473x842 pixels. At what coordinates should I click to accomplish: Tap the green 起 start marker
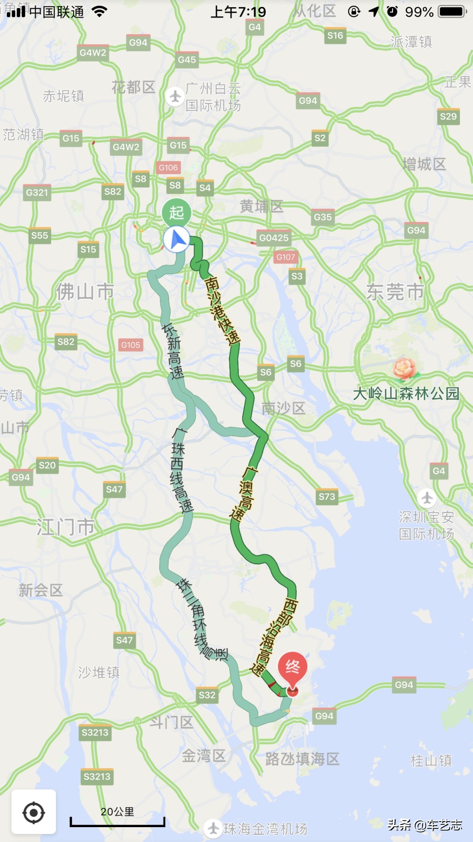click(x=176, y=212)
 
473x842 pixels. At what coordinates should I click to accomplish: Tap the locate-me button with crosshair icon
click(x=34, y=812)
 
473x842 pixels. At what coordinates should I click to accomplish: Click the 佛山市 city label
click(x=85, y=291)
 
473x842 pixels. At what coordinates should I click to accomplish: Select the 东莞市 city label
click(x=395, y=292)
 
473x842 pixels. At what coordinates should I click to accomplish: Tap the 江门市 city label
click(x=66, y=527)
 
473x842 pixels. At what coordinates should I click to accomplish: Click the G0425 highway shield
click(x=274, y=238)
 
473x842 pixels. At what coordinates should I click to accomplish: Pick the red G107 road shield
click(x=285, y=257)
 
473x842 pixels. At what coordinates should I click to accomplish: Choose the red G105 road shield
click(x=130, y=345)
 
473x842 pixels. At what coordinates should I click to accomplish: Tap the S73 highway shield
click(x=327, y=497)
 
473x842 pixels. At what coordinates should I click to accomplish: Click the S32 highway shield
click(x=207, y=695)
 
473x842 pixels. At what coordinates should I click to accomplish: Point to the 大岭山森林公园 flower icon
click(x=404, y=368)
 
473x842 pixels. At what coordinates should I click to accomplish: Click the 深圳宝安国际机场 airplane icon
click(x=427, y=498)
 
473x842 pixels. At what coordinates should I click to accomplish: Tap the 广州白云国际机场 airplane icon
click(x=175, y=96)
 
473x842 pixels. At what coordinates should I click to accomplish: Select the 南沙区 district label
click(x=283, y=408)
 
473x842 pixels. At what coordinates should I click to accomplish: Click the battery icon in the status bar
click(x=452, y=12)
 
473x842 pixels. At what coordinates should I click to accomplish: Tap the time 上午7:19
click(x=238, y=12)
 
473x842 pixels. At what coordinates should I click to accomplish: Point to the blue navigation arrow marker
click(x=177, y=240)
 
